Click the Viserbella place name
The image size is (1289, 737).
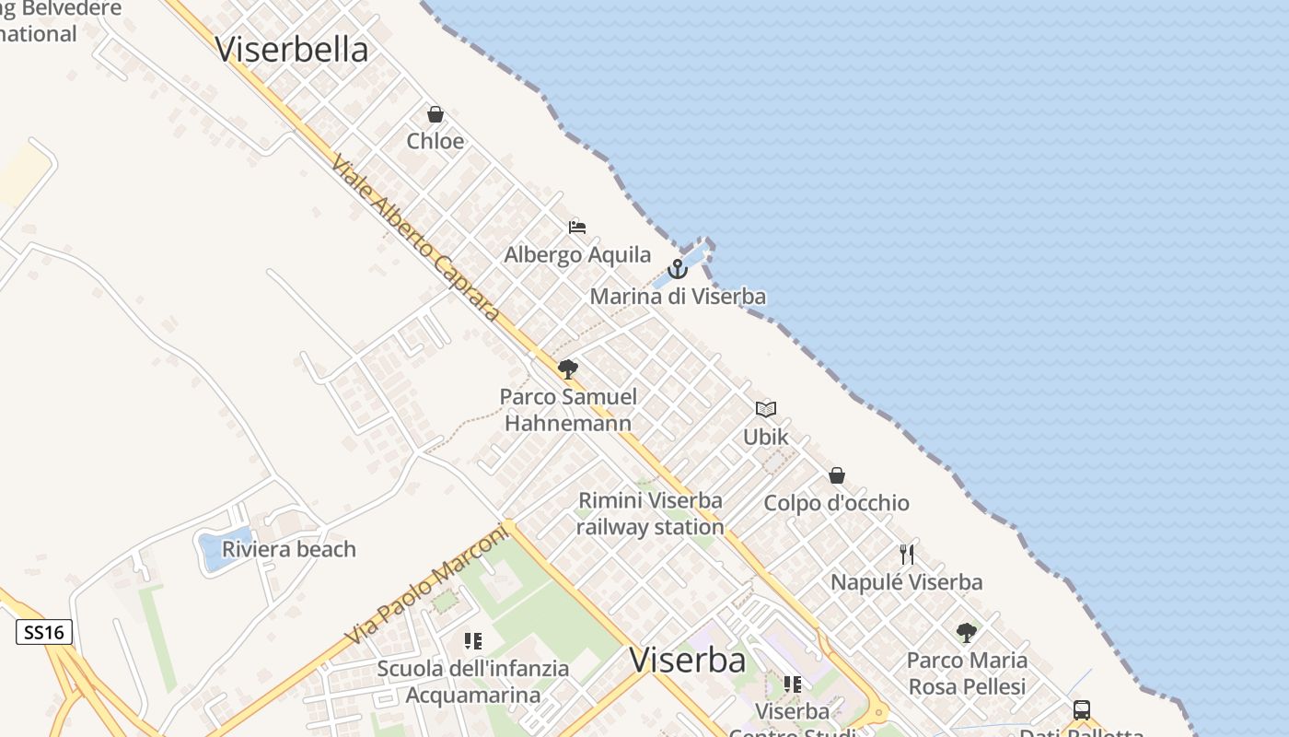pos(292,50)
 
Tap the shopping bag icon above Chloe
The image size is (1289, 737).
pos(435,114)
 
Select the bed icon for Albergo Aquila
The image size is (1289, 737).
pos(577,227)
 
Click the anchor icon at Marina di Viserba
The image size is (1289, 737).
pos(678,269)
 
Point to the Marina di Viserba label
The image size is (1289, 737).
pos(678,297)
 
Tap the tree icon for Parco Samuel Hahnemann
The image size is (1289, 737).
pos(568,369)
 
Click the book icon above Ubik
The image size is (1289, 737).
pos(766,409)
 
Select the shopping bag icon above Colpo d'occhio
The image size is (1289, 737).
pos(837,475)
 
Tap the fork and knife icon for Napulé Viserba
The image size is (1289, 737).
pos(907,554)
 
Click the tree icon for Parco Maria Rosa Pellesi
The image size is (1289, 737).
pos(967,632)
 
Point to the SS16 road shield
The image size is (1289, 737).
pos(44,632)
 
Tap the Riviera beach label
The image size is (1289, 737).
pos(289,549)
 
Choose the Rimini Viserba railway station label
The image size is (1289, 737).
pos(650,514)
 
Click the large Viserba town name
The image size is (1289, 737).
pos(688,660)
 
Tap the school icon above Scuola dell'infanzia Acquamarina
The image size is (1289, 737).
pos(473,640)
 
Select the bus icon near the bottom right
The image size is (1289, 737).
pos(1082,710)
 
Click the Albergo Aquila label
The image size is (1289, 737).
pos(577,255)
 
